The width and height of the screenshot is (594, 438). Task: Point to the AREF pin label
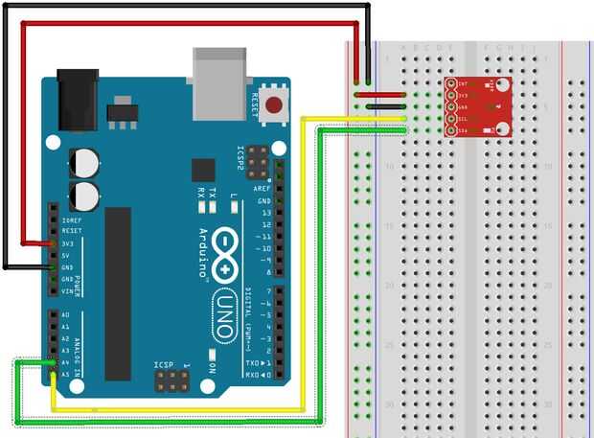click(261, 189)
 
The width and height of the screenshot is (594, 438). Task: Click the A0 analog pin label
click(65, 315)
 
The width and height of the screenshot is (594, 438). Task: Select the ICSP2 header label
click(241, 160)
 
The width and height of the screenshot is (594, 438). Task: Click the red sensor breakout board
click(475, 106)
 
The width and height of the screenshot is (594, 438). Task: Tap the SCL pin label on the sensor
click(461, 118)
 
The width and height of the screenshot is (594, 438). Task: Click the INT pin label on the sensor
click(461, 84)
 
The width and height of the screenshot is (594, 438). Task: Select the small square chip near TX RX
click(202, 171)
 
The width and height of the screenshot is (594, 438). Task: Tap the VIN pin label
click(67, 290)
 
